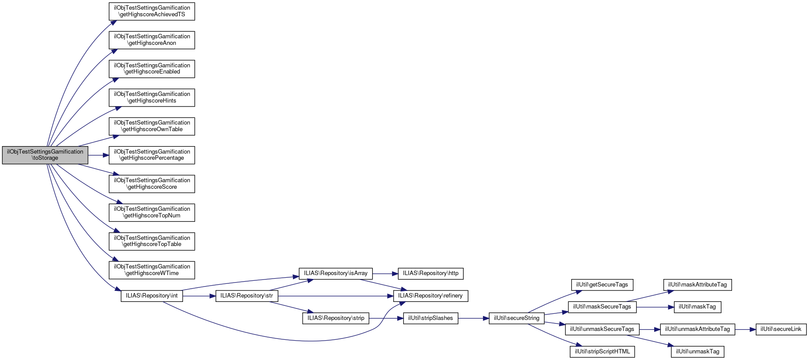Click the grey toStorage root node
coord(45,155)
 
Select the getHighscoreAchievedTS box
coord(152,11)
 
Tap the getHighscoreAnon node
coord(152,40)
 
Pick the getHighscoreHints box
coord(152,98)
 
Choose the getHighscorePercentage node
coord(152,155)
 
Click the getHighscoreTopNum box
coord(152,213)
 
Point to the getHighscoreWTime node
coord(152,270)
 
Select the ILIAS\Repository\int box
coord(152,296)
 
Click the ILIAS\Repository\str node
coord(246,296)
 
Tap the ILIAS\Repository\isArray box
coord(335,273)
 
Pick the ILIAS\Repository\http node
coord(430,273)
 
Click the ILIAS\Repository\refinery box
coord(430,296)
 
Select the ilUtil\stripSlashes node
coord(430,318)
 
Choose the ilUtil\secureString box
coord(516,318)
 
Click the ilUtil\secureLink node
coord(781,329)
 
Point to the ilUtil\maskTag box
coord(697,307)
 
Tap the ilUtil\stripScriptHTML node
coord(602,352)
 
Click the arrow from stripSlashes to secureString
coord(473,318)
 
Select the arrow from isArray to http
coord(385,273)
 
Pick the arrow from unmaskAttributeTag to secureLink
coord(745,329)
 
